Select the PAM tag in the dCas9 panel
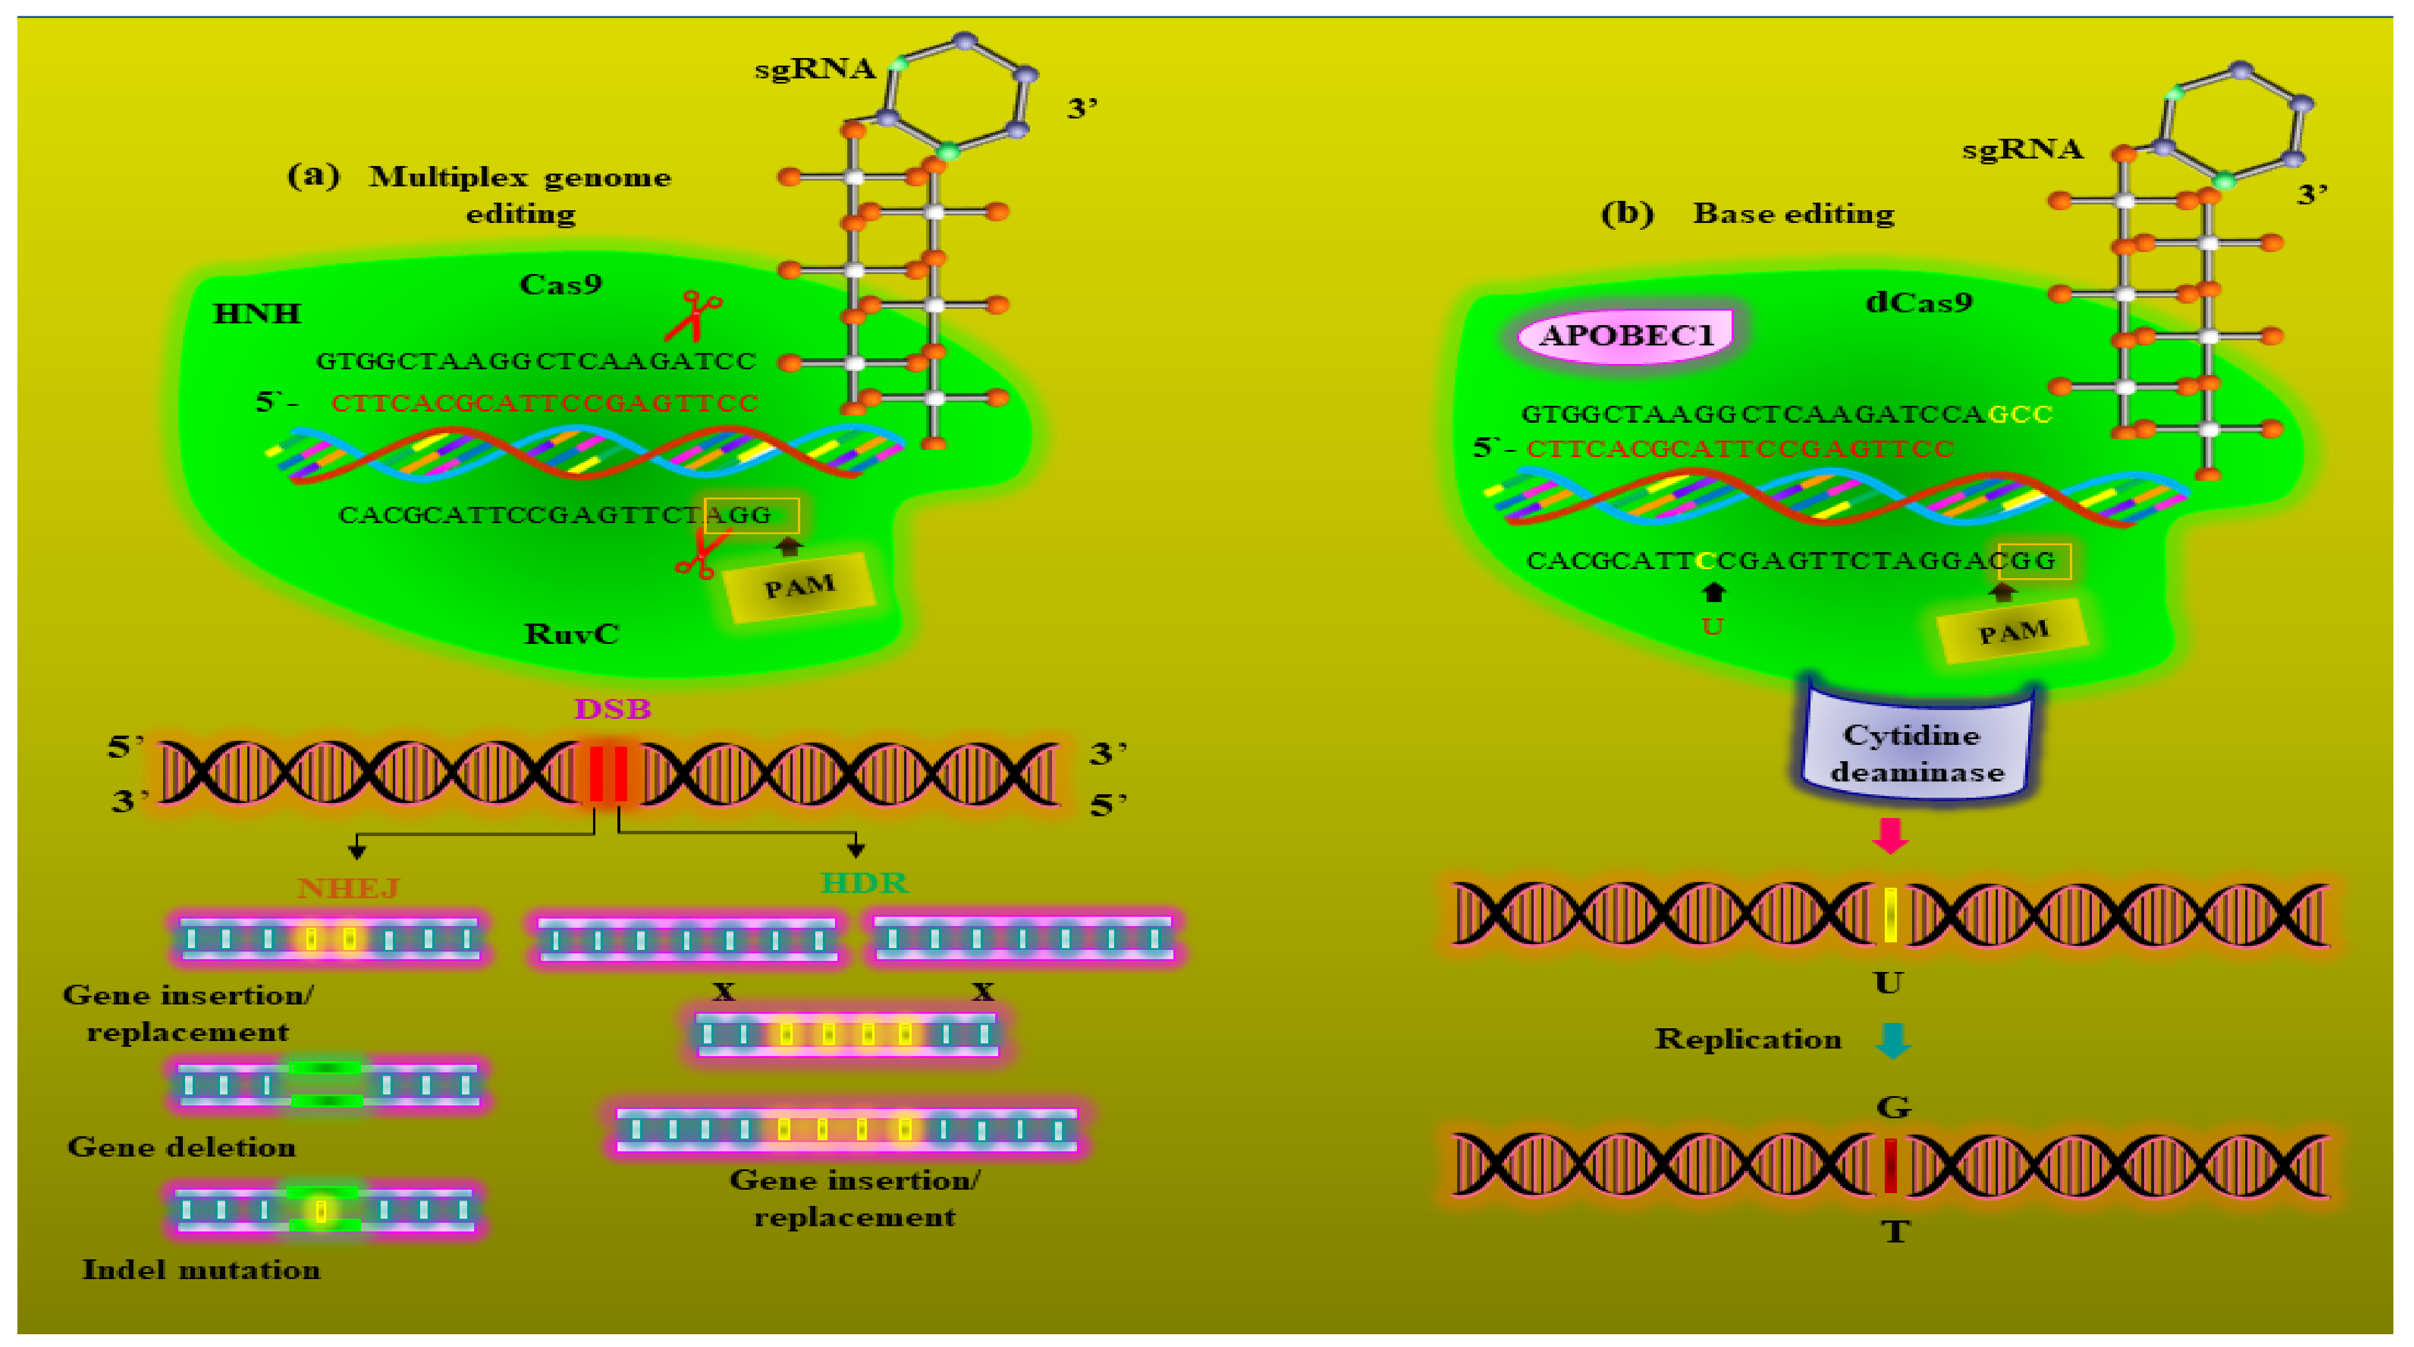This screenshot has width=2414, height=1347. [2012, 632]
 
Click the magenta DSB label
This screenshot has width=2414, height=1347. [612, 709]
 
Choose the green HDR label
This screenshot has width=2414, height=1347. [863, 882]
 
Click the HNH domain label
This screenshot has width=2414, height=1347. [256, 313]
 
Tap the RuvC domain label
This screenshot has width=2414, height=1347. [570, 633]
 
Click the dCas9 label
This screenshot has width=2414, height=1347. [1918, 302]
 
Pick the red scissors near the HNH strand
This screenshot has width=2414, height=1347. [695, 315]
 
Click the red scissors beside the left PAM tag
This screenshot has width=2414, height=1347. [698, 553]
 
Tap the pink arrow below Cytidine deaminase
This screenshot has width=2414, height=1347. [1890, 834]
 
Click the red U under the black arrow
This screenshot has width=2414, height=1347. [1712, 626]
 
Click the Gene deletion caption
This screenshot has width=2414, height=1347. [182, 1147]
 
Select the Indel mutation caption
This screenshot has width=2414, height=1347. [201, 1269]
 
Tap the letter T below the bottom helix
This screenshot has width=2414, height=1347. [1894, 1231]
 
